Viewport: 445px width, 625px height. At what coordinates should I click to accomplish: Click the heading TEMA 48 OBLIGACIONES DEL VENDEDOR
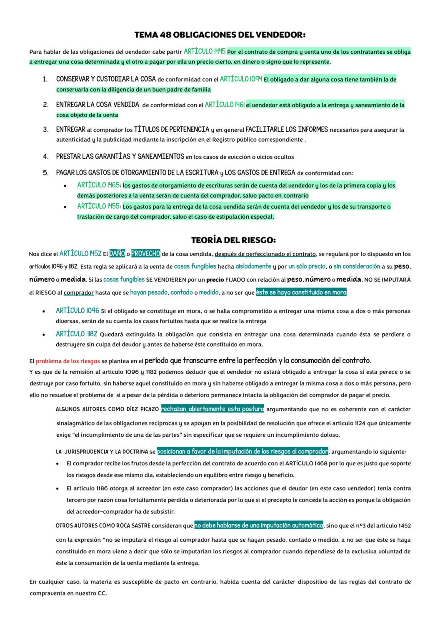220,35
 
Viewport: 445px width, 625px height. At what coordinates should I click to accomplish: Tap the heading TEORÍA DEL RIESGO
233,240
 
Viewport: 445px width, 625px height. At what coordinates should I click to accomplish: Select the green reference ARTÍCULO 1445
204,52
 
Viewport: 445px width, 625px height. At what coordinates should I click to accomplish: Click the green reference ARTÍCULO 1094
241,79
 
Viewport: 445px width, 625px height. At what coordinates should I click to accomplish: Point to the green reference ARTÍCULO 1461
225,105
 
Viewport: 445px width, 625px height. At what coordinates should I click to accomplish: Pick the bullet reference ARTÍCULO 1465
98,185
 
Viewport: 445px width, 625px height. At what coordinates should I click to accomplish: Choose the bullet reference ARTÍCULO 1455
98,206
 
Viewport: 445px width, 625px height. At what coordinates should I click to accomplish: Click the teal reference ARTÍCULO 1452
80,253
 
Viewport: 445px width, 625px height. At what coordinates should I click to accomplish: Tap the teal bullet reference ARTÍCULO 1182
76,334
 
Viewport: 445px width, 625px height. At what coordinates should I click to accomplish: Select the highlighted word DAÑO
117,253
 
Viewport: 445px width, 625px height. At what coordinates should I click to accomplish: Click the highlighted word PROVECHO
145,253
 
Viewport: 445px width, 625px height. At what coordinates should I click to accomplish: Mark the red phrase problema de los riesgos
68,361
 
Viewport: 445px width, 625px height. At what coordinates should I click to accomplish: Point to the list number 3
46,130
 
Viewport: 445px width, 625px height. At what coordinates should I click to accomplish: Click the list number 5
46,172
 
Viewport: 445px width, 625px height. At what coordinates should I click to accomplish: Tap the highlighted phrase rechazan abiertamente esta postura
212,409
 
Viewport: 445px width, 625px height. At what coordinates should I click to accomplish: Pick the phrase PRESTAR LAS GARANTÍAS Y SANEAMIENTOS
120,157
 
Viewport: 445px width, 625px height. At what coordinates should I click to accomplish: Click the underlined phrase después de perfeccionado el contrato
265,254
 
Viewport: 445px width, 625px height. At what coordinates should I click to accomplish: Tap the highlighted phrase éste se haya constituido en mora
301,292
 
